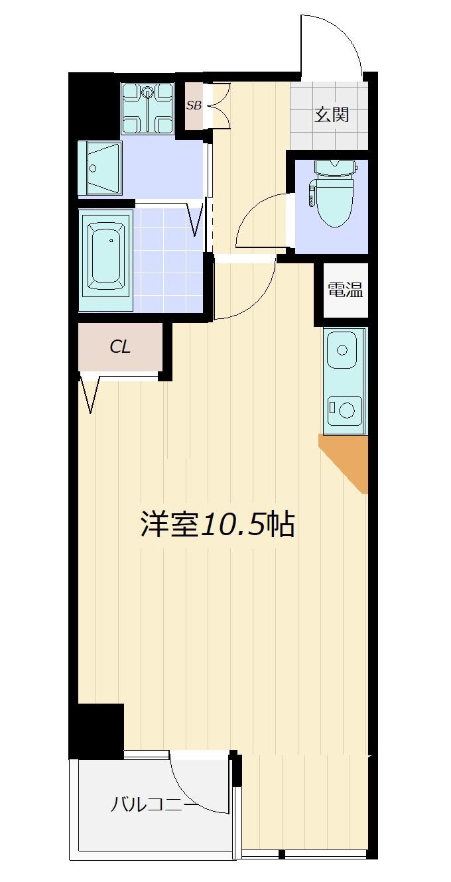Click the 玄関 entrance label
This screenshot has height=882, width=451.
coord(331,115)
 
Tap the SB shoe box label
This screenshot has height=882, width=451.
coord(194,105)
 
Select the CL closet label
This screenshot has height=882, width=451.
coord(120,347)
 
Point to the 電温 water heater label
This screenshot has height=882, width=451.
coord(346,290)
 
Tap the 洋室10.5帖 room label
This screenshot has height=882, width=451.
coord(218,524)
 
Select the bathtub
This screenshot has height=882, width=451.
coord(105,260)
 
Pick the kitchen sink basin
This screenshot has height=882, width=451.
coord(342,349)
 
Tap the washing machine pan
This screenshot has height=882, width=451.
coord(147,109)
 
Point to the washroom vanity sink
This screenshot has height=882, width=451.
coord(100,168)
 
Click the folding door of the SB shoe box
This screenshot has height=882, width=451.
coord(219,105)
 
